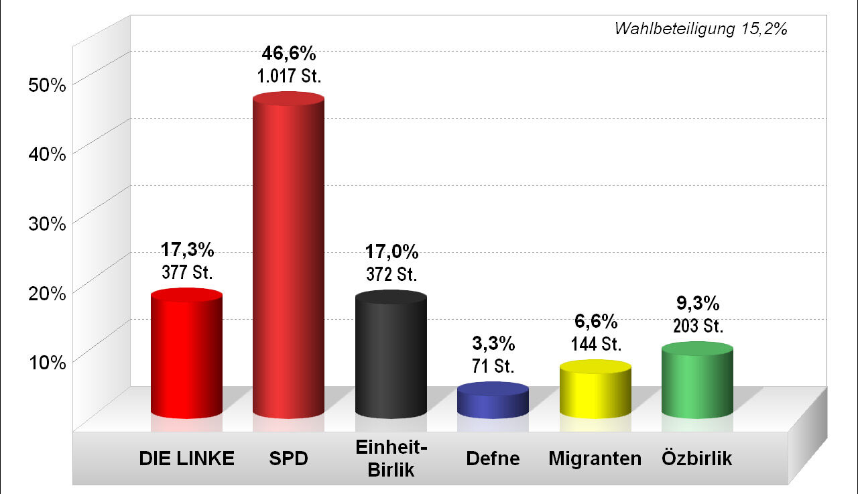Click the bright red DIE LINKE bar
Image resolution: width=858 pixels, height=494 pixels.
tap(186, 355)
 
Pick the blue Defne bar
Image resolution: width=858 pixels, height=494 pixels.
tap(493, 402)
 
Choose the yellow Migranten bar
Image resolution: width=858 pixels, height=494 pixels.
tap(595, 391)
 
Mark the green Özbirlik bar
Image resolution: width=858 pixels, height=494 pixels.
tap(697, 382)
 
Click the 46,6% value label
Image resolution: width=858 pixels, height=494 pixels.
tap(289, 54)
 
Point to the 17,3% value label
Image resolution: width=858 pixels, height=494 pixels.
tap(187, 251)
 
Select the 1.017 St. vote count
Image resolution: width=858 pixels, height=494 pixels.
tap(290, 76)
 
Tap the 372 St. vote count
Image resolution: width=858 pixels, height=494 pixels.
tap(391, 274)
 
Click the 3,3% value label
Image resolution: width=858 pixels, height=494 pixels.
tap(493, 345)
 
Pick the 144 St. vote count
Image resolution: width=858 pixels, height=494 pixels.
tap(596, 345)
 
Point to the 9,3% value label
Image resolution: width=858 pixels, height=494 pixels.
tap(698, 304)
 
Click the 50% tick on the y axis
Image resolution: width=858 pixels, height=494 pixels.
tap(47, 85)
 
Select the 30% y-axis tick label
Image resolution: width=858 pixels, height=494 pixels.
tap(47, 223)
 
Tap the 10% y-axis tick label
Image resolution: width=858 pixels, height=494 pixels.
tap(47, 362)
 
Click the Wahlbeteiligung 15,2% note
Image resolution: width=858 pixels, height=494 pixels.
tap(700, 29)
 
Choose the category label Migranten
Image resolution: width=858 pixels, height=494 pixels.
tap(595, 459)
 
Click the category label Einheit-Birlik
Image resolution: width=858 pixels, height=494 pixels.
tap(391, 458)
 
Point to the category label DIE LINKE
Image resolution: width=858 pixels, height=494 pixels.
tap(186, 459)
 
